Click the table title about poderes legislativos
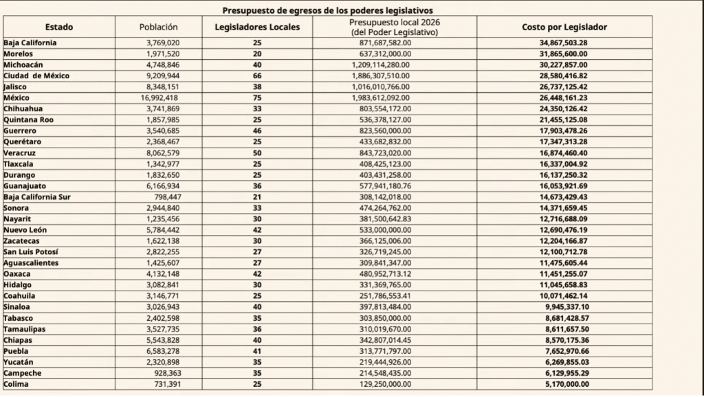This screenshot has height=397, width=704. (328, 11)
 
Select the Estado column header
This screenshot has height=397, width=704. (59, 27)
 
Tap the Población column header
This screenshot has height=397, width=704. (159, 27)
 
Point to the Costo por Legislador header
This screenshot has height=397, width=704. (564, 27)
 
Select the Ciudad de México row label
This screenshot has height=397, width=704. (36, 76)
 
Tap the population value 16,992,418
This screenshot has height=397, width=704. (159, 98)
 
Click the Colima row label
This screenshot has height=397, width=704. (16, 385)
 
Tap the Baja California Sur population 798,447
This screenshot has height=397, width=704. (164, 197)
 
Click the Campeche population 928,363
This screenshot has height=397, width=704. (164, 373)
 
